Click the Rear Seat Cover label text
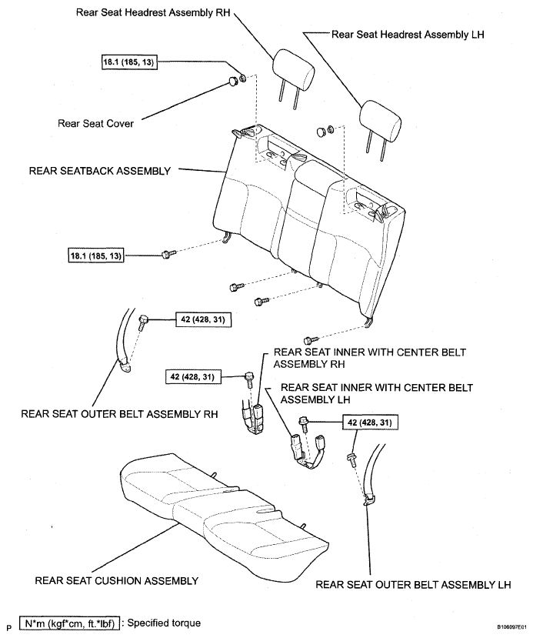[96, 122]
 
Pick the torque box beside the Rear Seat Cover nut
[128, 62]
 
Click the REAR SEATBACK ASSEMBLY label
[99, 171]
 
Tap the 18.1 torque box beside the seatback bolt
[95, 253]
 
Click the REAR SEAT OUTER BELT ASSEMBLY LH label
[413, 584]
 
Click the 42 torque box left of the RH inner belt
[193, 376]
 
